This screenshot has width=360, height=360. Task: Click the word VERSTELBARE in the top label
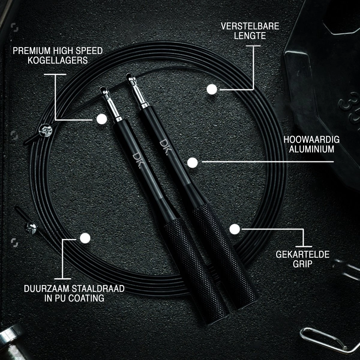coord(250,26)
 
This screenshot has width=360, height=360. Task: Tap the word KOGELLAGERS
coord(58,60)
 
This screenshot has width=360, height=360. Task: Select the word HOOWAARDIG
coord(311,139)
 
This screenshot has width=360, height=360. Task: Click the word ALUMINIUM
coord(311,149)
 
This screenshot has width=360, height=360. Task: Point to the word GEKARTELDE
coord(303,254)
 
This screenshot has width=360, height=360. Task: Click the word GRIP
coord(303,264)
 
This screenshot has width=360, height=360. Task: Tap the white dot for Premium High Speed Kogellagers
coord(102,119)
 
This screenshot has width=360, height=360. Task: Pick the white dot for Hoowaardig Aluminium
coord(192,163)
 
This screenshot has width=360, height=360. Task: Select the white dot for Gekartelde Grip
coord(235,229)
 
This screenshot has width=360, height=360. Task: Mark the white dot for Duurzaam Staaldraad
coord(85,238)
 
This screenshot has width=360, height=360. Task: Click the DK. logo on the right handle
coord(164,147)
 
